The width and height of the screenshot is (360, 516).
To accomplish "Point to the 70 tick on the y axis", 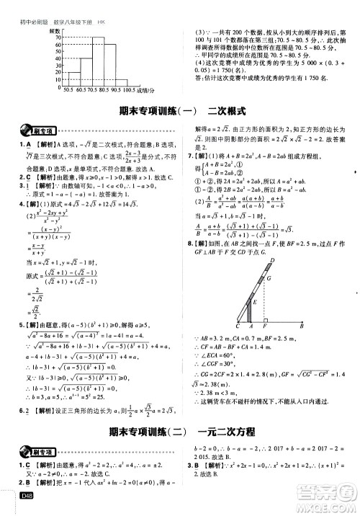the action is (x=57, y=37).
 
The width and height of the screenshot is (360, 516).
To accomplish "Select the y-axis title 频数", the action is (x=54, y=32).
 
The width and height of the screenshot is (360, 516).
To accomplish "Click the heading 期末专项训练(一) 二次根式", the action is (x=181, y=112).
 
